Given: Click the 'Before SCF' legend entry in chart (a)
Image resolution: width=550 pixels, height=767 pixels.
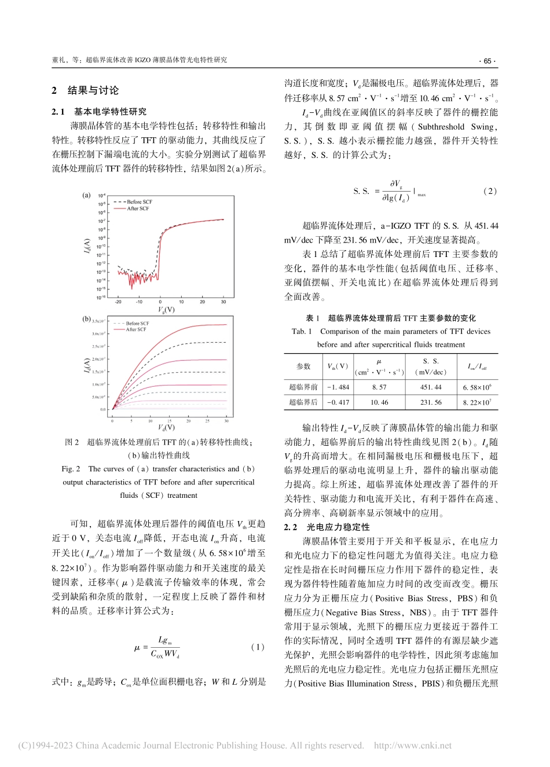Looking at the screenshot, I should point(138,202).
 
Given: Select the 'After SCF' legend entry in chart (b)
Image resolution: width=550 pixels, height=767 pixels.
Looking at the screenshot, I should point(136,329).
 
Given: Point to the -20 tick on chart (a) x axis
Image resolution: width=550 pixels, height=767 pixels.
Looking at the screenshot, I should point(118,302).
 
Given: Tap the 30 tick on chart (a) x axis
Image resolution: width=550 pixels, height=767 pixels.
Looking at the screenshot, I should point(223,302).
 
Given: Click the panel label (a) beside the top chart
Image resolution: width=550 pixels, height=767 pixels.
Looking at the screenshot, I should point(86,195).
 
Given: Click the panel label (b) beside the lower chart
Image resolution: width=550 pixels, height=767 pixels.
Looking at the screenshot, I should point(86,319).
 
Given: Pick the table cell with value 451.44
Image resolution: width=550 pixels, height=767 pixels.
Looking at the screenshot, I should point(430,387).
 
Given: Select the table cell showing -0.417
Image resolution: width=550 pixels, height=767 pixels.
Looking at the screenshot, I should point(338,402).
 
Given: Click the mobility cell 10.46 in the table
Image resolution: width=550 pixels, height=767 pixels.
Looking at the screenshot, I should point(379,402).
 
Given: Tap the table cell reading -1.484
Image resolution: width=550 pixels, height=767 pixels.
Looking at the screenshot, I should point(338,387).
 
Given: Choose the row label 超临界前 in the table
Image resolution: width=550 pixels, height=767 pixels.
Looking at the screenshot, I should point(303,387).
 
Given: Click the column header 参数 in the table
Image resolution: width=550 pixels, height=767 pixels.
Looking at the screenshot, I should point(303,366).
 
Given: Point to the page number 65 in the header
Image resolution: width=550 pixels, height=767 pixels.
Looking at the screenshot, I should point(486,60).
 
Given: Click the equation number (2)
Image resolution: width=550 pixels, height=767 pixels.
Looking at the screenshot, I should point(490,191).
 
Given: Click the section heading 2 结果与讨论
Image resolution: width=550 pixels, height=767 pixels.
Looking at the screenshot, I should point(85,90).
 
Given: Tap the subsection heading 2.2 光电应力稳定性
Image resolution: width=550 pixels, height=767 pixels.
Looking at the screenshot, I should point(327,527).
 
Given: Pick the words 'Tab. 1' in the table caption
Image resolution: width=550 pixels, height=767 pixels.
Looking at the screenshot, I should point(302,332).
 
